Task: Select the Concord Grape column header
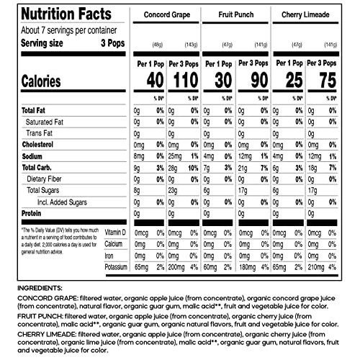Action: click(x=168, y=14)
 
